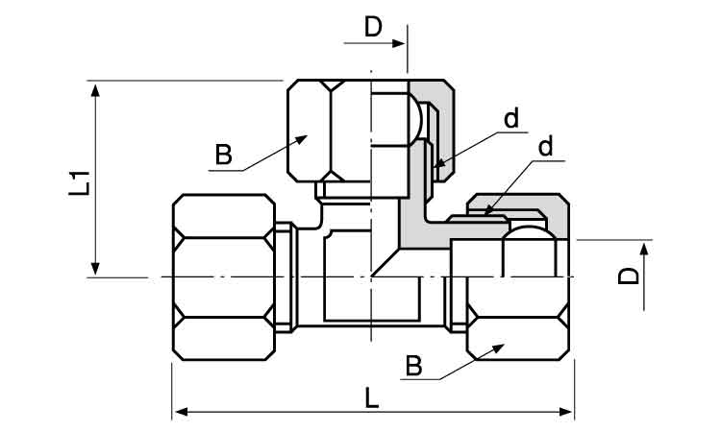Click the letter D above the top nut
pos(373,27)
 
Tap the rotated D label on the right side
pos(628,276)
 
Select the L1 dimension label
pos(79,182)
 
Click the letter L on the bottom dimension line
pos(371,397)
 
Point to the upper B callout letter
pos(223,155)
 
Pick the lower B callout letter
pos(413,366)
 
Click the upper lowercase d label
pos(511,118)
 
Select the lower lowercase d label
pos(545,147)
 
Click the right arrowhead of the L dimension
pos(566,411)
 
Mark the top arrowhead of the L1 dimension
pos(95,90)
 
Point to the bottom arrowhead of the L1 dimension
pos(95,269)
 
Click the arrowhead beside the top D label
pos(398,43)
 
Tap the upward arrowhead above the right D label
pos(644,249)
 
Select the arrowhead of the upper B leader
pos(301,139)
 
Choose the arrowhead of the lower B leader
pos(498,348)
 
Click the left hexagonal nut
pos(224,277)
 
